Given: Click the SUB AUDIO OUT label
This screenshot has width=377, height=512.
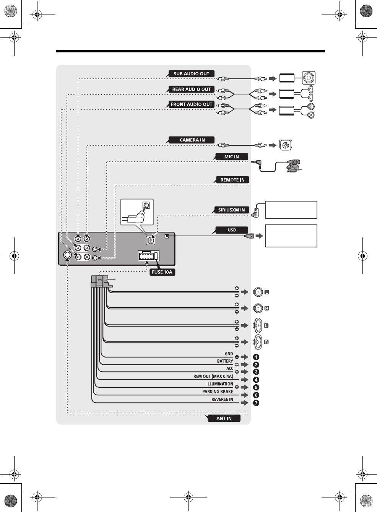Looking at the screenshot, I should [191, 74].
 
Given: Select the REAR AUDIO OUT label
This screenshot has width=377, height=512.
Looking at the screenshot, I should [191, 89].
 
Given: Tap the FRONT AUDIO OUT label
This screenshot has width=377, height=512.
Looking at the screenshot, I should [191, 104].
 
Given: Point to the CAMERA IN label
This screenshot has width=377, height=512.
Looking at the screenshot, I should [192, 140].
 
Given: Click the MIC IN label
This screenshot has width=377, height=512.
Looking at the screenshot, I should [231, 157].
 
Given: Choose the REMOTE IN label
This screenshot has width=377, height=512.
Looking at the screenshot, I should [232, 180].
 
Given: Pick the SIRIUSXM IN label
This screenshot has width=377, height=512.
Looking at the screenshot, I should [231, 210].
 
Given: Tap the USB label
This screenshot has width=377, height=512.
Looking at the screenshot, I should [232, 230].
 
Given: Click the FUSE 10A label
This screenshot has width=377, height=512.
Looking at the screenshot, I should [162, 272].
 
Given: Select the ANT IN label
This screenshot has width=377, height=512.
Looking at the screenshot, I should [224, 418].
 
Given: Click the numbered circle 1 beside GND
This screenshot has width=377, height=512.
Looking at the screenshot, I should [256, 357].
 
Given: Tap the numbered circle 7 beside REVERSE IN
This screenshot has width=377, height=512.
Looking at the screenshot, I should [256, 403].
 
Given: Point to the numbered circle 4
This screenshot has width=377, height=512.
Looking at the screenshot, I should [256, 380].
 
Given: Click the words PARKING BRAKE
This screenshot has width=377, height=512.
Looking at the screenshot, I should [218, 392].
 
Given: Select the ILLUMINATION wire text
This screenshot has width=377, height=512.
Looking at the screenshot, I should [219, 384].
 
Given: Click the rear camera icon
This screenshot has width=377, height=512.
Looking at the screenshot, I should [286, 145].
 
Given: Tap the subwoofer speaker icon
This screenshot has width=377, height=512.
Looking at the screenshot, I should [309, 78].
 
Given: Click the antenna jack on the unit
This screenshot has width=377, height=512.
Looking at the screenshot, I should [67, 255].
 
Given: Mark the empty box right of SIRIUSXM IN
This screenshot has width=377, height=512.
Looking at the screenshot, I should [291, 210].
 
